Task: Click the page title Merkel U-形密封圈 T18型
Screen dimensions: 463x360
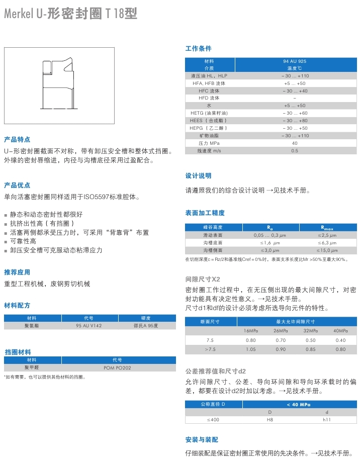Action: [x=70, y=14]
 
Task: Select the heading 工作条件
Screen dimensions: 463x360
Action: [x=199, y=49]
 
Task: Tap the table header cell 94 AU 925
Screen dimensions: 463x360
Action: [x=295, y=61]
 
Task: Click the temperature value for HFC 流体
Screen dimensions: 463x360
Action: [x=295, y=91]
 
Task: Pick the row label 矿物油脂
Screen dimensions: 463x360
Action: [x=209, y=136]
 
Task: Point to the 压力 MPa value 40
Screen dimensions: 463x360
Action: [x=295, y=143]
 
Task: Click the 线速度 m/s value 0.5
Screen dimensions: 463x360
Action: [x=295, y=151]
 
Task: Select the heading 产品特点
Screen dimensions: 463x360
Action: [x=17, y=139]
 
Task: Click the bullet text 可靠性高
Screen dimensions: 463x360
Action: [x=23, y=241]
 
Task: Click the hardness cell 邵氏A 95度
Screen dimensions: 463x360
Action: [x=146, y=326]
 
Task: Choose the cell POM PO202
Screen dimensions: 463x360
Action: [x=117, y=367]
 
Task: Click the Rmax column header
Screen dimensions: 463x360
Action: [x=327, y=228]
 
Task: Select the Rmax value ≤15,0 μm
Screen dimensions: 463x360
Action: [x=327, y=250]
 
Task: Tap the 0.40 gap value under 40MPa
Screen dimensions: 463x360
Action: [x=340, y=340]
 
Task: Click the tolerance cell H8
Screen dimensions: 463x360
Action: [x=269, y=420]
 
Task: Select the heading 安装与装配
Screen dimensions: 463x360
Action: [x=202, y=440]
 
